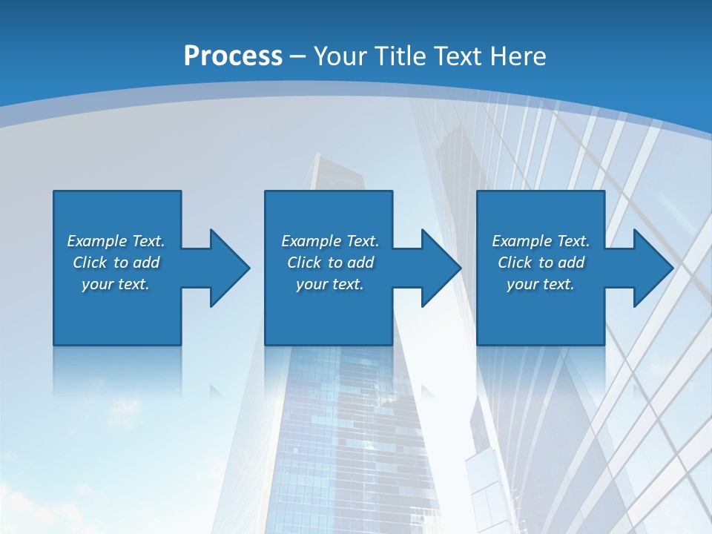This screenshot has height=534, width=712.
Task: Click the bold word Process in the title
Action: (233, 56)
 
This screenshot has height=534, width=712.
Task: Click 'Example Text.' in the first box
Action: (116, 241)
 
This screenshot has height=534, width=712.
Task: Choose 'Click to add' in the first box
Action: (116, 263)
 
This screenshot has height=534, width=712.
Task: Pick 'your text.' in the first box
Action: (116, 284)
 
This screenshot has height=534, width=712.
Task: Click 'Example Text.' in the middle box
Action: (330, 241)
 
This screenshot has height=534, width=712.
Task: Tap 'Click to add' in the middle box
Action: (330, 263)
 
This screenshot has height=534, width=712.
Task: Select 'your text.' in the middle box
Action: (330, 284)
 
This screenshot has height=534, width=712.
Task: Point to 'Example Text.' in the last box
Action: (541, 241)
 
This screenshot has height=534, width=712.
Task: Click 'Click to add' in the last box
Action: (541, 263)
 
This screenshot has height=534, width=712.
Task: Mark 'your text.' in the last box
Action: (541, 284)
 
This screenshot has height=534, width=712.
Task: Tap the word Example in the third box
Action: (522, 241)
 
